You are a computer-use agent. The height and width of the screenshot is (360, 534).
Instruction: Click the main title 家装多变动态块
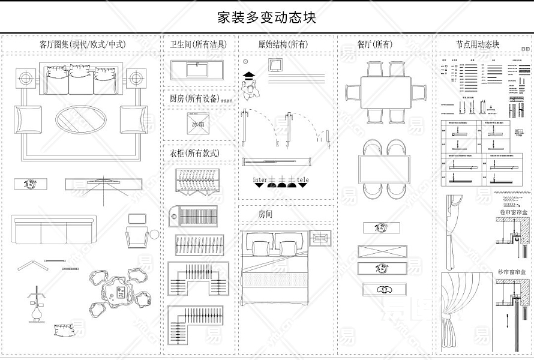pos(266,17)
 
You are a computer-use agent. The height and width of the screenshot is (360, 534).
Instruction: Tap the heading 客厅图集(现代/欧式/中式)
pos(82,44)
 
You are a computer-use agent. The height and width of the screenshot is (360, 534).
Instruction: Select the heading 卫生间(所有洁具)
pos(198,44)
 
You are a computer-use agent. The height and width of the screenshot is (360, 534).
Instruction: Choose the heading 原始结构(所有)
pos(283,44)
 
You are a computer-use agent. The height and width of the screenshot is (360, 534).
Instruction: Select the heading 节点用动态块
pos(478,44)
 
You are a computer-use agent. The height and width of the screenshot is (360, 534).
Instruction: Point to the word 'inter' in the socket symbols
pos(260,179)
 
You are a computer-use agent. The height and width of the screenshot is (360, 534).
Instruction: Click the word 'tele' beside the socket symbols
pos(303,179)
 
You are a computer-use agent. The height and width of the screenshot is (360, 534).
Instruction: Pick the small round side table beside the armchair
pos(155,234)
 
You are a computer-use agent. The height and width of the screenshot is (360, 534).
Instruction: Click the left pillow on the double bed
pos(262,247)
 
